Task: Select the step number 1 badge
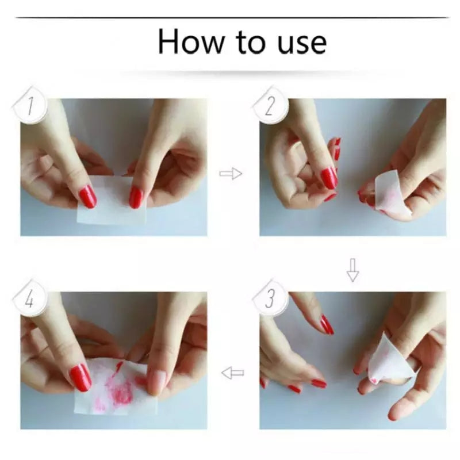(x=30, y=106)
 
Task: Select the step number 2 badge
(x=270, y=106)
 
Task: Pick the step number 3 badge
(x=270, y=298)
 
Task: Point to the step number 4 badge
(x=29, y=298)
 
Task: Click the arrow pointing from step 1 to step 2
(x=231, y=174)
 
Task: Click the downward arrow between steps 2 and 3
(x=352, y=270)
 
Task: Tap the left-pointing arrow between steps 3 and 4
(x=233, y=373)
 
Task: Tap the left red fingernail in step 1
(x=88, y=197)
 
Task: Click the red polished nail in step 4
(x=80, y=377)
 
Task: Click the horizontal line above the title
(x=232, y=18)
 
